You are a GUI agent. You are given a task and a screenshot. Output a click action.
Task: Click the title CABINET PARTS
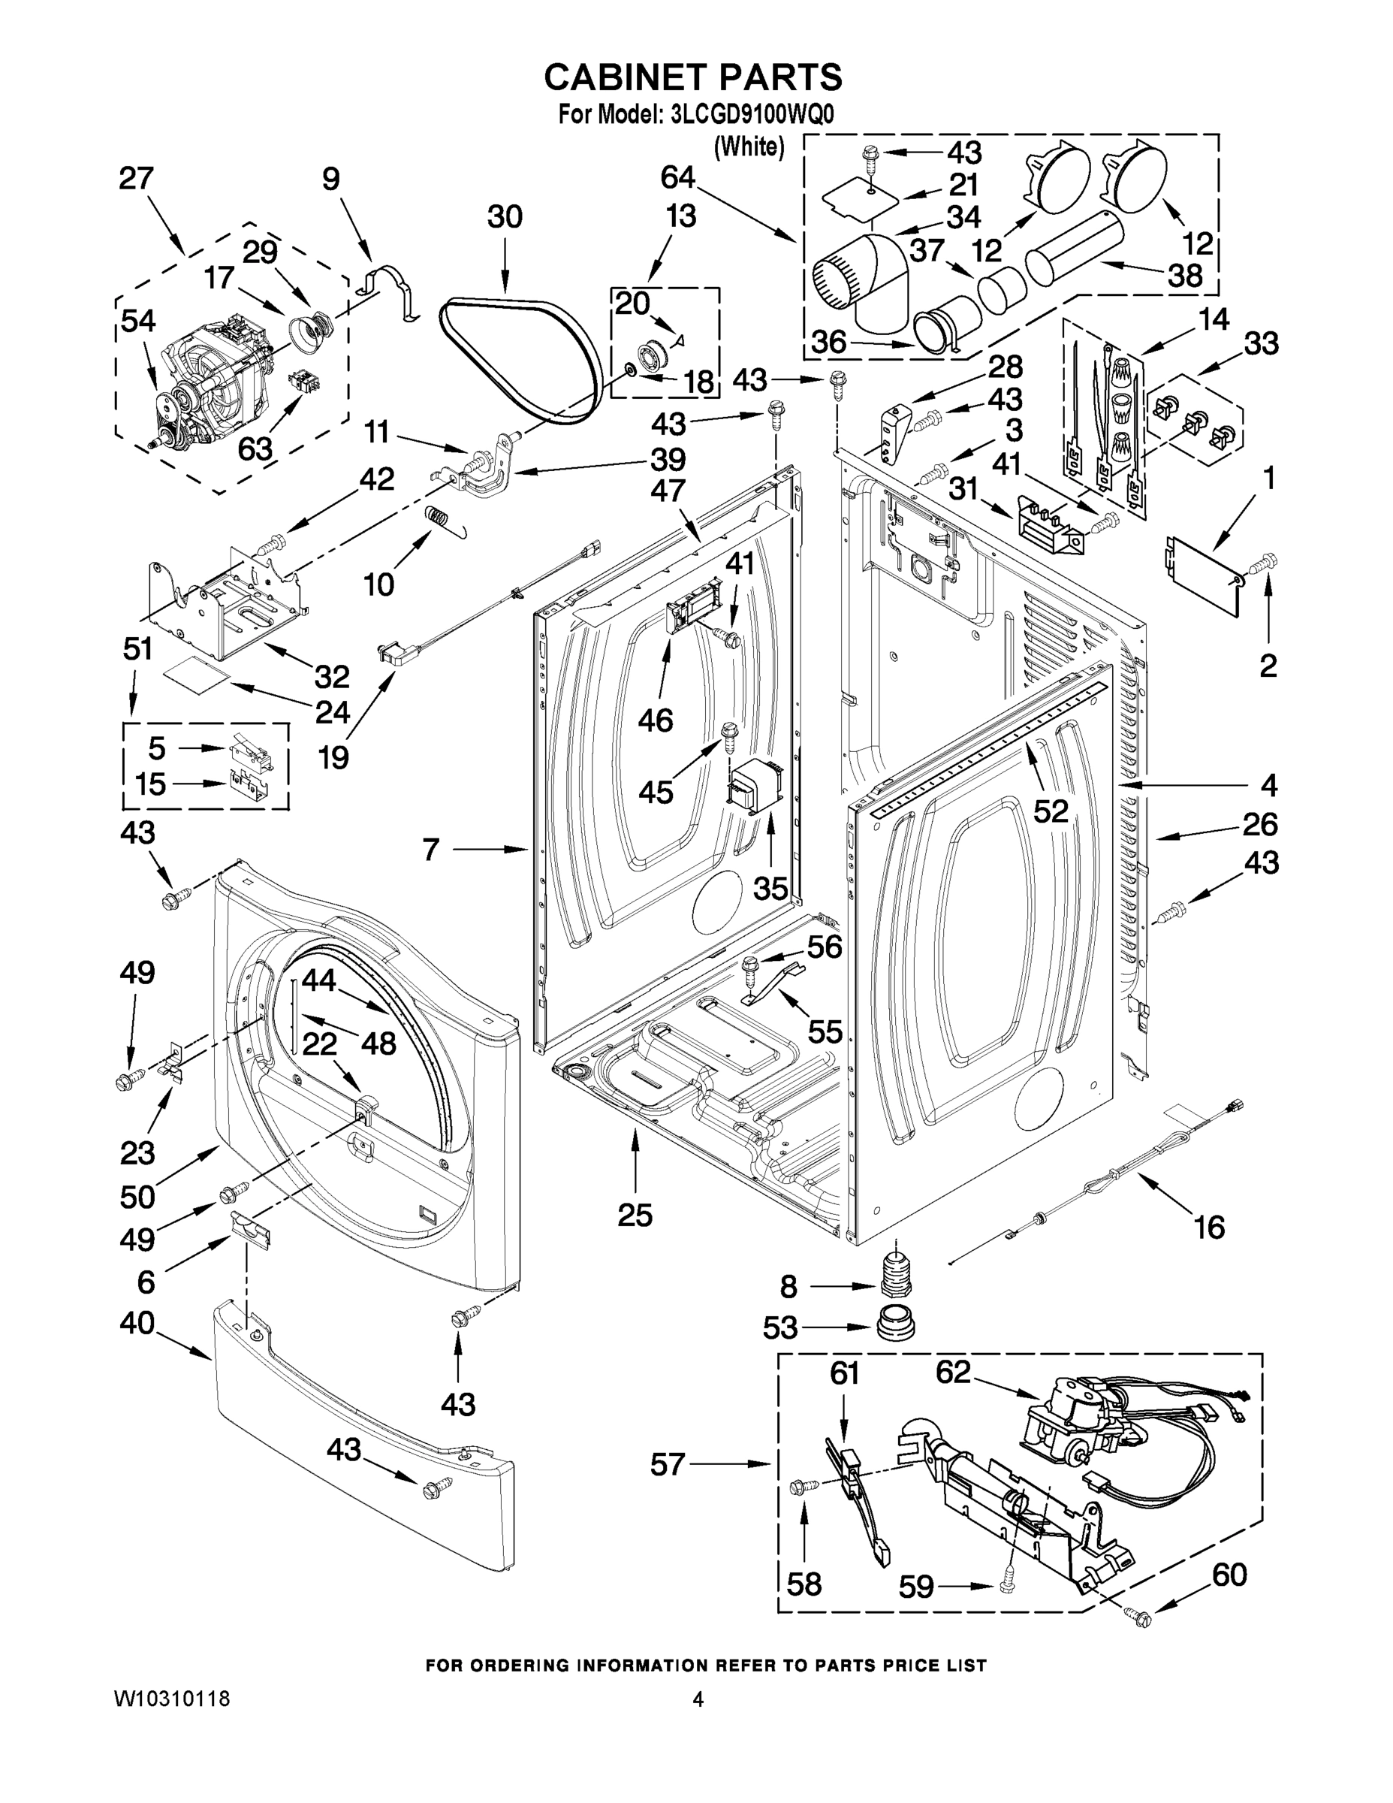pos(693,77)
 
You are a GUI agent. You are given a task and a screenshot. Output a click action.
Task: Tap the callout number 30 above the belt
pos(504,217)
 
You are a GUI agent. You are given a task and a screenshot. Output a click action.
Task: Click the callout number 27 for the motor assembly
pos(136,178)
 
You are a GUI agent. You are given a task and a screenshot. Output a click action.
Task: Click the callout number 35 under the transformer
pos(770,888)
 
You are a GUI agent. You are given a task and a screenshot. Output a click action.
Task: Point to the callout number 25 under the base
pos(635,1216)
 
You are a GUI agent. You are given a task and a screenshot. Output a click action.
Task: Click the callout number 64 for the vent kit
pos(677,177)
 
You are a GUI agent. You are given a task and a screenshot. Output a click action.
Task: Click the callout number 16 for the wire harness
pos(1209,1227)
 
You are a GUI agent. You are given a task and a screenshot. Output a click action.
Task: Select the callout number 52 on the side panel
pos(1051,811)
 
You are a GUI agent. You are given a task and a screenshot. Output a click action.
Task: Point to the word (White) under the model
pos(749,147)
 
